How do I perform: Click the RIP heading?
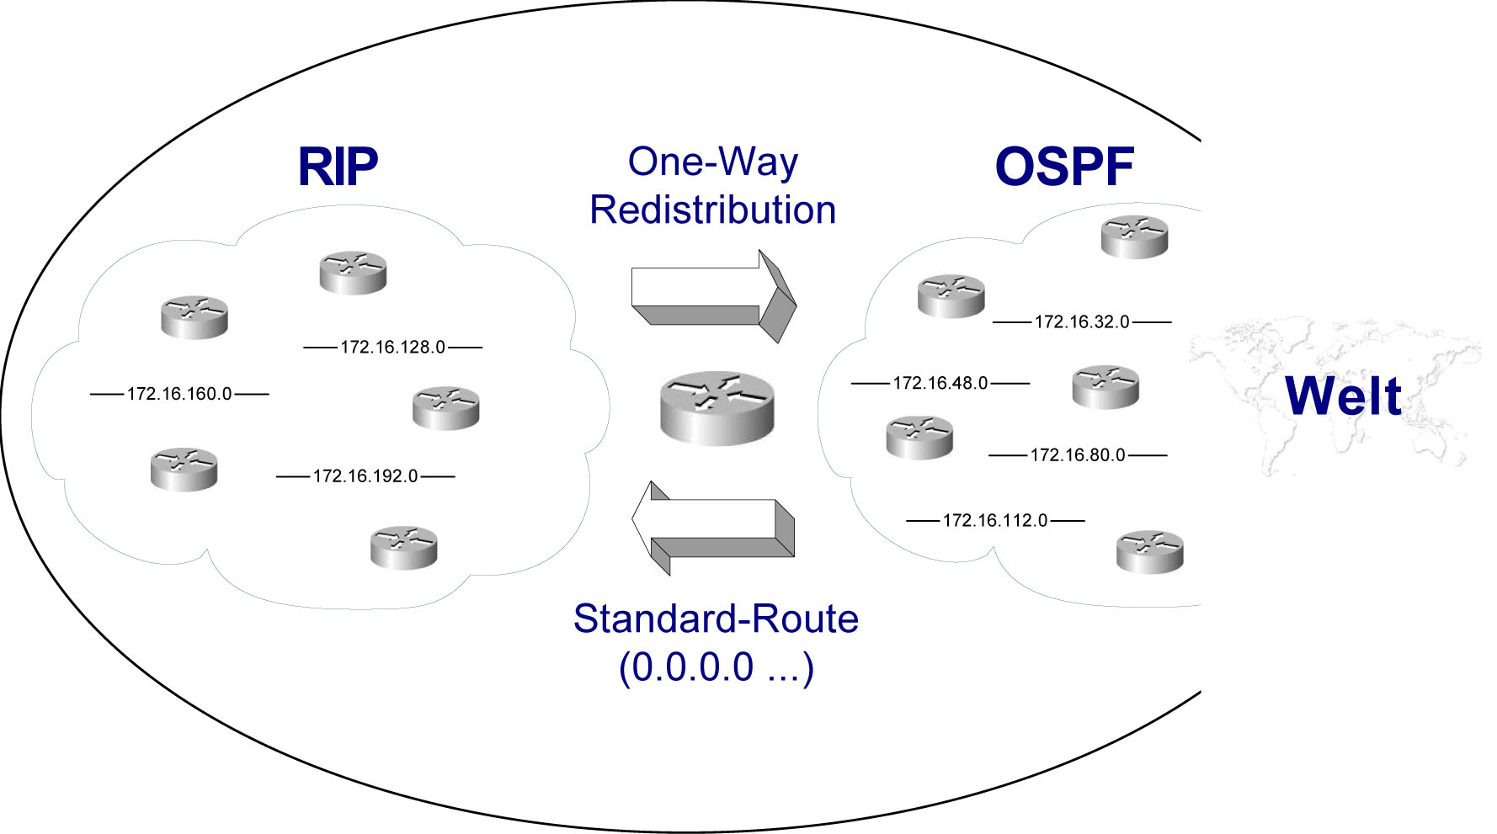[x=338, y=167]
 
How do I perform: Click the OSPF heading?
[x=1064, y=167]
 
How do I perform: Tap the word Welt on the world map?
[x=1343, y=396]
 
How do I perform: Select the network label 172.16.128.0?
[x=392, y=347]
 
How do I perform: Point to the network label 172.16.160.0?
[x=179, y=394]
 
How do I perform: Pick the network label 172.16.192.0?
[x=365, y=476]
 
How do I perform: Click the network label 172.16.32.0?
[x=1082, y=322]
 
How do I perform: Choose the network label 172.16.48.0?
[x=940, y=384]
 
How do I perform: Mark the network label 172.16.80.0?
[x=1078, y=455]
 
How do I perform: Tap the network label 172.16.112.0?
[x=995, y=521]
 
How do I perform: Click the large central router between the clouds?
[x=717, y=408]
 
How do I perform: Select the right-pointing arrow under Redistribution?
[x=711, y=295]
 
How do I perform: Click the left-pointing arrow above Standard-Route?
[x=711, y=528]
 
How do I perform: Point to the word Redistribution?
[x=712, y=210]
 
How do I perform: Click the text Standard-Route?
[x=716, y=619]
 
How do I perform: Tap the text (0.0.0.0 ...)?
[x=716, y=667]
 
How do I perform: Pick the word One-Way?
[x=712, y=162]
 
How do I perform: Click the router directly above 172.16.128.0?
[x=353, y=273]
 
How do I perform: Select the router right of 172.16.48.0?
[x=1105, y=386]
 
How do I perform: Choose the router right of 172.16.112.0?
[x=1149, y=551]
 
